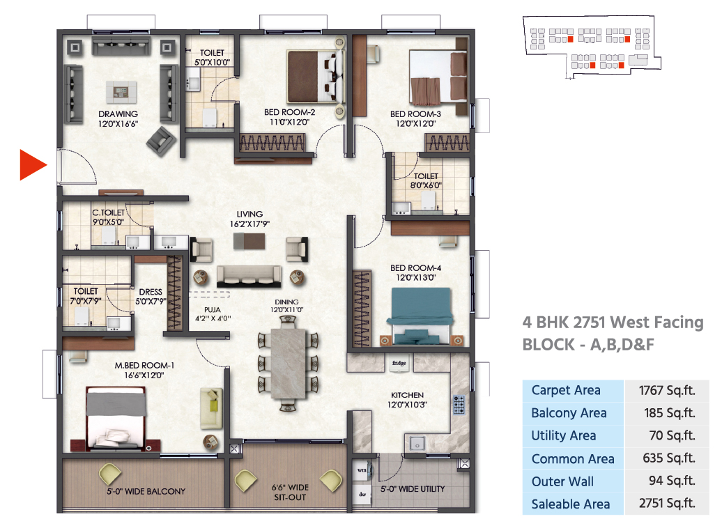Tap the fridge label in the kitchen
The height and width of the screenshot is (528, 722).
point(399,363)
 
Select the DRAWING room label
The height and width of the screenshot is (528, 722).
point(118,114)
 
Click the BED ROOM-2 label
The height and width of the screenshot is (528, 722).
point(290,112)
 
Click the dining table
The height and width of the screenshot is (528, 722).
point(289,363)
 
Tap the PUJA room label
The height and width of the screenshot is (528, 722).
point(213,310)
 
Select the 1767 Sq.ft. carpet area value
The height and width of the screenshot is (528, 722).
point(667,390)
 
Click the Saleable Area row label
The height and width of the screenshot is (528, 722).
point(571,504)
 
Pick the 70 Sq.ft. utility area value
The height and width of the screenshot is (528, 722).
point(672,435)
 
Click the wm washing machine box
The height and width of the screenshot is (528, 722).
point(362,470)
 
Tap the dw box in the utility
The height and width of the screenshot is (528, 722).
point(362,495)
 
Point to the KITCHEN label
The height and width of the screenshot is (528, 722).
point(407,395)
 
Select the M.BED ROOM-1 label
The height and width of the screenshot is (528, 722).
point(144,366)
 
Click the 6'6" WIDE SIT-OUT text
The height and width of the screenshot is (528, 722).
point(290,492)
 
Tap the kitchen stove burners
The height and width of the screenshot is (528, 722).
point(459,405)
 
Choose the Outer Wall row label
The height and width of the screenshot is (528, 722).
point(562,481)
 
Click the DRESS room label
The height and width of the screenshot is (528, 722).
point(151,292)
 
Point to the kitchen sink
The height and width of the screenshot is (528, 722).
point(417,444)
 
